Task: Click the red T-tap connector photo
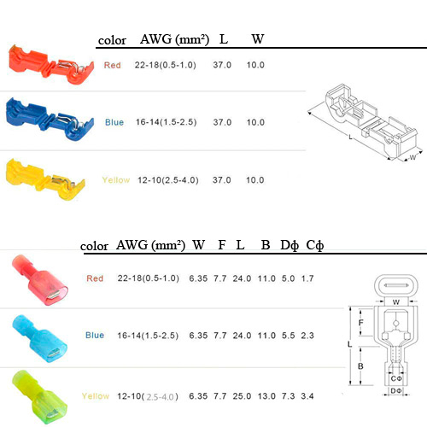pos(50,65)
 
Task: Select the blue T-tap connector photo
pos(50,120)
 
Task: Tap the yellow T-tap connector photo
pos(45,179)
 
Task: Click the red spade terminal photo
pos(40,280)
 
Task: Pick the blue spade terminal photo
pos(40,339)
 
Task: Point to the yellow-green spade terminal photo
pos(40,398)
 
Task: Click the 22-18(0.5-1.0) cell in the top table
pos(166,65)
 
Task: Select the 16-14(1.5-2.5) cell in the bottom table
pos(148,336)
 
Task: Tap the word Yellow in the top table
pos(116,180)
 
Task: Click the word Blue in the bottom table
pos(95,335)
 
